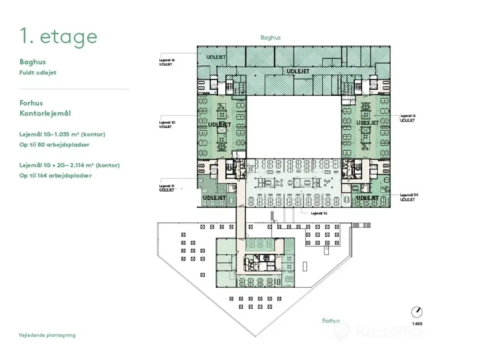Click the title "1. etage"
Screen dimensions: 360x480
(x=58, y=37)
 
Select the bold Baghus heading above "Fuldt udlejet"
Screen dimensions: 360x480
(x=33, y=62)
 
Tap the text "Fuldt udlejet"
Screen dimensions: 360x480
(x=38, y=73)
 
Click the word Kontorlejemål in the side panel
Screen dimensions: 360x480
(x=45, y=113)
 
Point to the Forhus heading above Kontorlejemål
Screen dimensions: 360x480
(x=31, y=103)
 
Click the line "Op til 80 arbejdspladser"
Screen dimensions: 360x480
(x=54, y=145)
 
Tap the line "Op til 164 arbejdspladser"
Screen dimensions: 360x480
(x=55, y=175)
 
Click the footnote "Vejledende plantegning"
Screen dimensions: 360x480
(x=47, y=335)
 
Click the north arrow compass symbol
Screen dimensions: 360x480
(x=417, y=312)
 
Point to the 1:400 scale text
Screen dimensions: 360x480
(x=417, y=324)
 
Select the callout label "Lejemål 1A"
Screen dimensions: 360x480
(x=167, y=60)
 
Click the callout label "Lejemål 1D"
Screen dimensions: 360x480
(x=167, y=123)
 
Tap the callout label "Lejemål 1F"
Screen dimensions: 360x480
(x=167, y=186)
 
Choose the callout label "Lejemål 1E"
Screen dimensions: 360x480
(x=408, y=116)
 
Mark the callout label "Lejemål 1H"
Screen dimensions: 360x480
(x=409, y=195)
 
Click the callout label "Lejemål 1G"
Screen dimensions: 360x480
(x=319, y=213)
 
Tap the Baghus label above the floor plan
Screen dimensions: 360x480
(x=270, y=37)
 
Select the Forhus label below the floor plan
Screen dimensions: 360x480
(x=331, y=321)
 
